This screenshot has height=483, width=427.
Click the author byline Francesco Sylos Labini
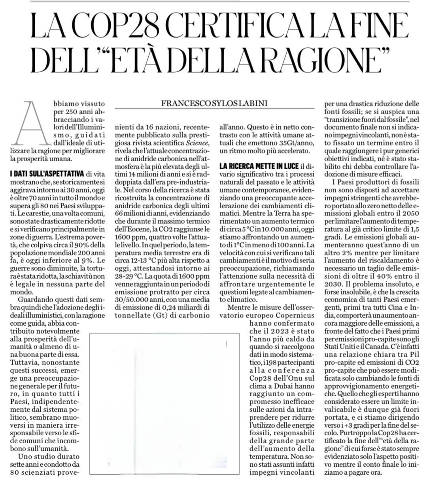pos(214,104)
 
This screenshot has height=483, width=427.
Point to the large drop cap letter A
pos(32,122)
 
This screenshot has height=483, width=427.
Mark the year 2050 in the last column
pos(409,211)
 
